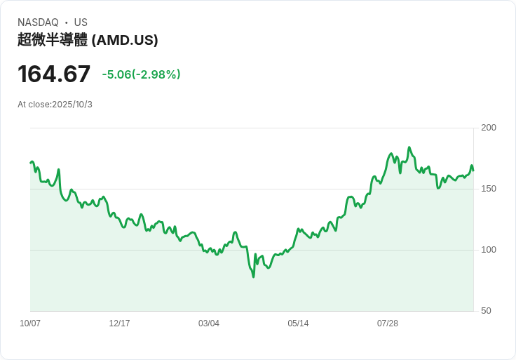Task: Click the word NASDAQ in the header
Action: pyautogui.click(x=38, y=22)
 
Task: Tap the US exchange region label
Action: pyautogui.click(x=81, y=22)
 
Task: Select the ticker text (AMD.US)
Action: pyautogui.click(x=125, y=40)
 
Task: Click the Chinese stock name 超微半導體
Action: pyautogui.click(x=53, y=40)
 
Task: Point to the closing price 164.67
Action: pyautogui.click(x=54, y=74)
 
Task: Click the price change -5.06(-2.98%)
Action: pyautogui.click(x=141, y=74)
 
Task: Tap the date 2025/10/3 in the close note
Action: pyautogui.click(x=72, y=105)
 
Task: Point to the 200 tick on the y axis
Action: pyautogui.click(x=489, y=128)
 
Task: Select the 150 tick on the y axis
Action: pyautogui.click(x=489, y=189)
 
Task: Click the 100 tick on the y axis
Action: pyautogui.click(x=489, y=250)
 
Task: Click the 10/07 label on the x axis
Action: pyautogui.click(x=30, y=324)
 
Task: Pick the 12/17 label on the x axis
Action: pyautogui.click(x=119, y=324)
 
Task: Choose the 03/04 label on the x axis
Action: pyautogui.click(x=209, y=324)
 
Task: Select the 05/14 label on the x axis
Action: pyautogui.click(x=298, y=324)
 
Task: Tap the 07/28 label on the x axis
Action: pyautogui.click(x=388, y=324)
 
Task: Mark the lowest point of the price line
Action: pyautogui.click(x=254, y=276)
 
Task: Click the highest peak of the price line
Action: pyautogui.click(x=409, y=147)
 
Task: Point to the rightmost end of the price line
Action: pyautogui.click(x=473, y=171)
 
